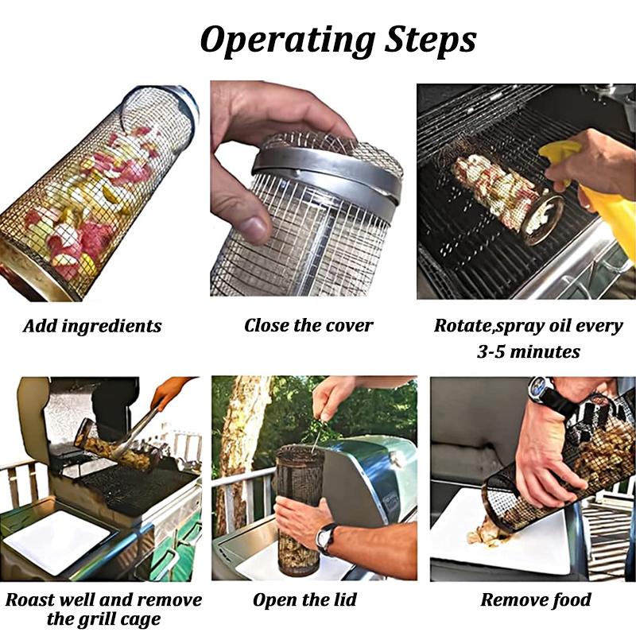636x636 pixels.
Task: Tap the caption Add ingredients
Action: pos(92,326)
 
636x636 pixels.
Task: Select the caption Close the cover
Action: pos(308,325)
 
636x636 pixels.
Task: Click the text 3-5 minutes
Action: pos(529,351)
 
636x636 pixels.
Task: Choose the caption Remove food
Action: pos(536,599)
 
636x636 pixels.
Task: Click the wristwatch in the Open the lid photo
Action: pos(327,537)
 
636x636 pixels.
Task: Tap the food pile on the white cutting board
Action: pos(487,534)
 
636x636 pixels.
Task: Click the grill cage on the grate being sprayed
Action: pos(501,195)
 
